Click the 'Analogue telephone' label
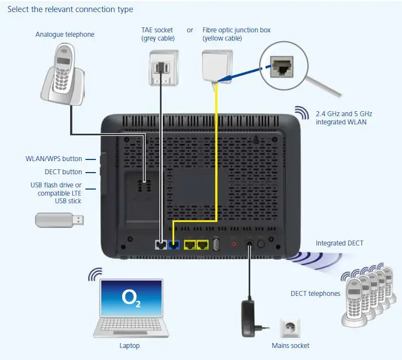[x=65, y=35]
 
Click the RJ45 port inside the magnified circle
[x=285, y=67]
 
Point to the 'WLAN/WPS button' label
[x=54, y=159]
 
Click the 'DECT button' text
[x=64, y=172]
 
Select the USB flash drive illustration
[x=60, y=220]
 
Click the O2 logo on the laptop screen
[x=131, y=299]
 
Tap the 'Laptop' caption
[x=129, y=346]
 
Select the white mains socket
[x=290, y=328]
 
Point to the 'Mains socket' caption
[x=290, y=346]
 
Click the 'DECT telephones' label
[x=315, y=294]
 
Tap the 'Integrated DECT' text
[x=339, y=243]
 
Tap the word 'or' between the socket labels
[x=190, y=30]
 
